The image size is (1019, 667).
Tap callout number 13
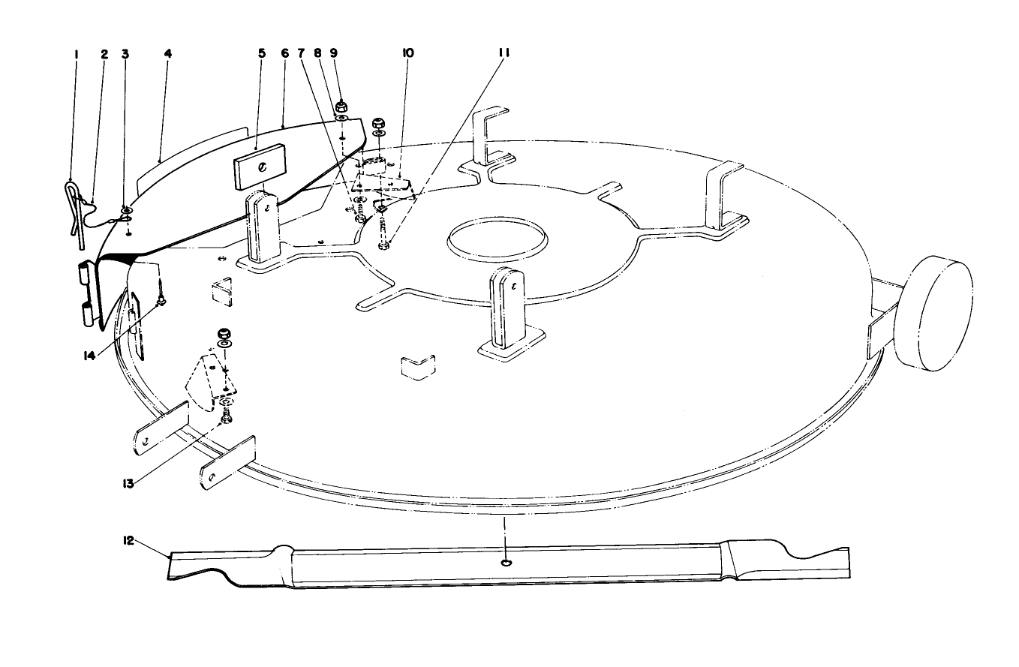click(x=128, y=483)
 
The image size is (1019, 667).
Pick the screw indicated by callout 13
click(x=227, y=417)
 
